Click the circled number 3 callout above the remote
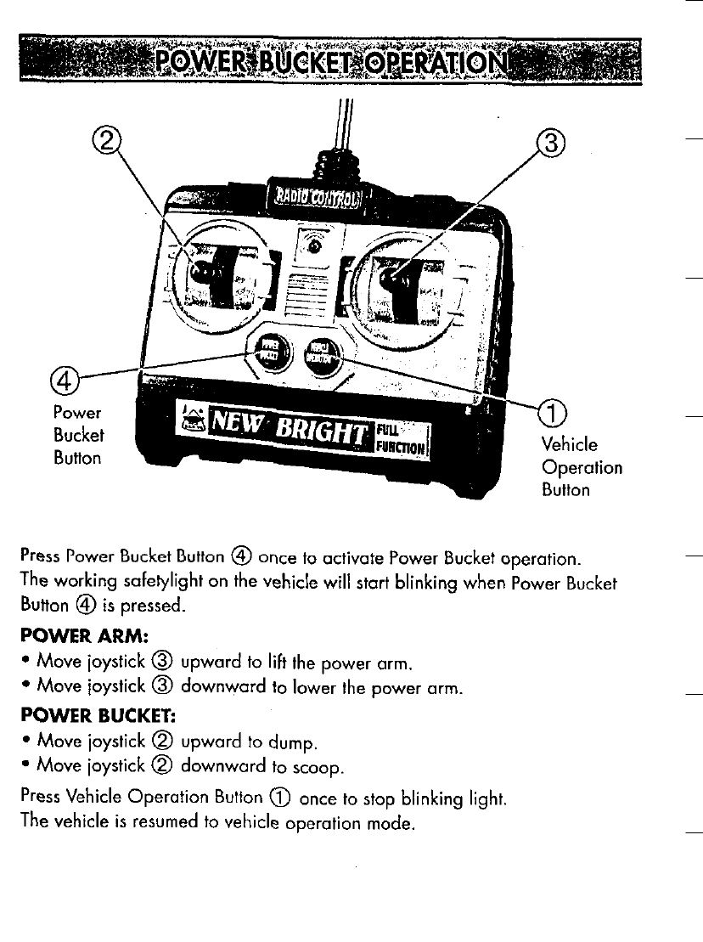pyautogui.click(x=549, y=142)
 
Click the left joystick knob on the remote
pyautogui.click(x=201, y=273)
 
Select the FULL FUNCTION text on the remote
pyautogui.click(x=412, y=437)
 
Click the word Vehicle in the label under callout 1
pyautogui.click(x=569, y=445)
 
